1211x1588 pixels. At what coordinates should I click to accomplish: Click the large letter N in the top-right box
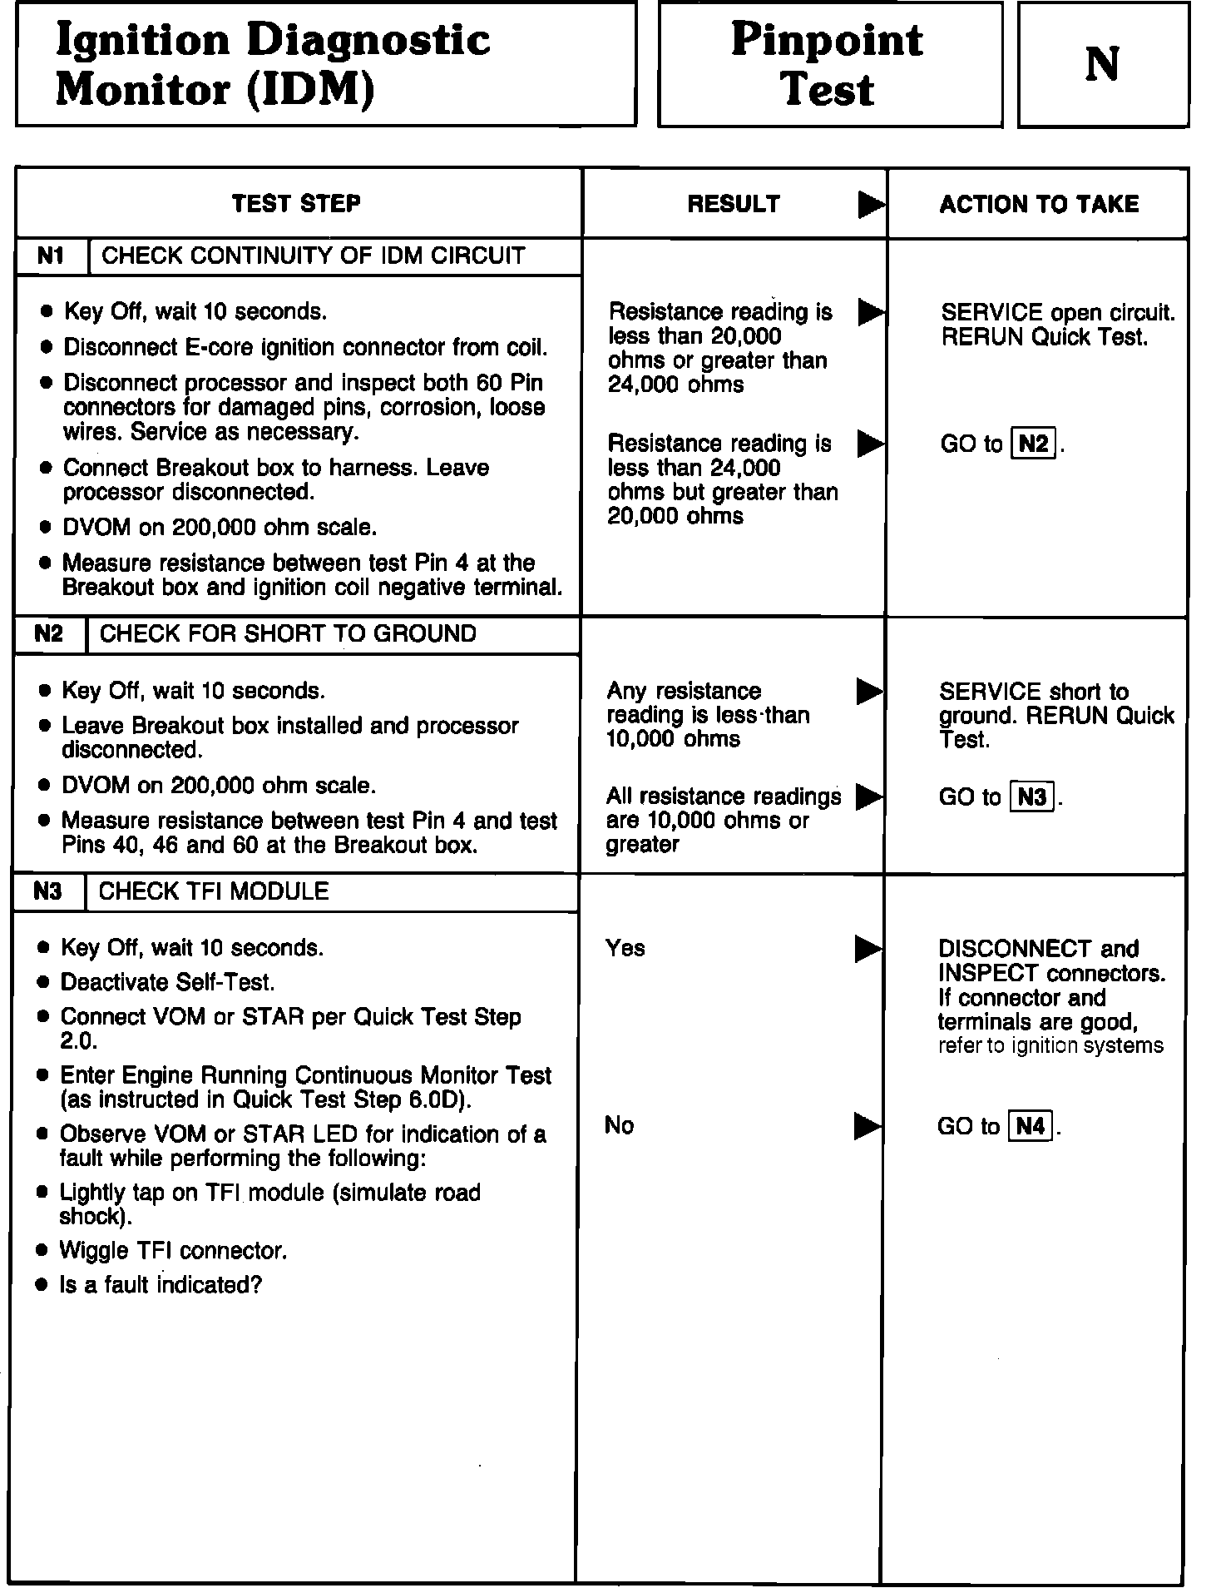[1102, 64]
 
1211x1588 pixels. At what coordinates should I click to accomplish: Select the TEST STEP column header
[296, 204]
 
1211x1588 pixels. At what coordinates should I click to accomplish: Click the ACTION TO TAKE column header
[1039, 205]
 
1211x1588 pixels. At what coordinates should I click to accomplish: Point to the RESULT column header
[734, 205]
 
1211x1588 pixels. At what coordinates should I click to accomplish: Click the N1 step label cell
[52, 256]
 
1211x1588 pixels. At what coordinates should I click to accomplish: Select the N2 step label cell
[49, 634]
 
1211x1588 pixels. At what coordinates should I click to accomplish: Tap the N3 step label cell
[48, 892]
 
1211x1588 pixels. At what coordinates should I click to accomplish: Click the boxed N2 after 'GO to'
[1033, 444]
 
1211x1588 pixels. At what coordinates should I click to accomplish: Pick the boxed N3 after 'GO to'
[1031, 797]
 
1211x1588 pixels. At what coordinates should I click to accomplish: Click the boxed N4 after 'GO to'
[1030, 1126]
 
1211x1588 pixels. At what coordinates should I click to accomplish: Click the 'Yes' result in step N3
[625, 948]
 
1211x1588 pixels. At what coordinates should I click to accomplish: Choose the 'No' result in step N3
[620, 1125]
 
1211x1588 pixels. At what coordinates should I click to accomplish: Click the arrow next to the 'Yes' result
[868, 949]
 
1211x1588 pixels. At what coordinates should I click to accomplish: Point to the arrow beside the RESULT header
[871, 205]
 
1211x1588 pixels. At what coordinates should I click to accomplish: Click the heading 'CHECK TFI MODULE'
[214, 892]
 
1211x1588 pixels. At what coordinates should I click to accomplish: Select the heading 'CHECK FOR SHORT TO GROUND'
[288, 634]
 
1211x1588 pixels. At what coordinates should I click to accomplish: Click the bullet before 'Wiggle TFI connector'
[43, 1252]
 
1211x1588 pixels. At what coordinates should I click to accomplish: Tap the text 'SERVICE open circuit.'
[1058, 313]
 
